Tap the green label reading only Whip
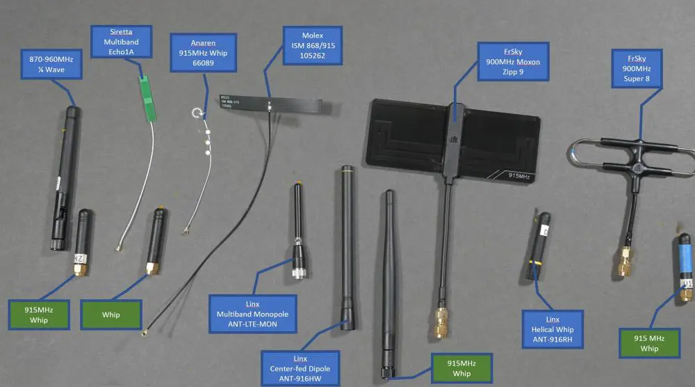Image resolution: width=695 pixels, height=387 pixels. pos(111,315)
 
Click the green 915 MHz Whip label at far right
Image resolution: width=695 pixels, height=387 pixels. pos(649,342)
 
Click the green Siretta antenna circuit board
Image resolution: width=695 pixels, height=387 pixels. pos(147,99)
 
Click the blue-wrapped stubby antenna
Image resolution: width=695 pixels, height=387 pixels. pos(684,264)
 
